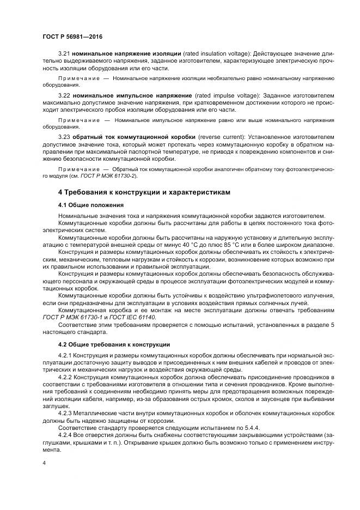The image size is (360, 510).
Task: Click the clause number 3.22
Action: point(64,95)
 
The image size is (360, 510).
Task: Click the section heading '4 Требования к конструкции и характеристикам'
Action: point(144,192)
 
